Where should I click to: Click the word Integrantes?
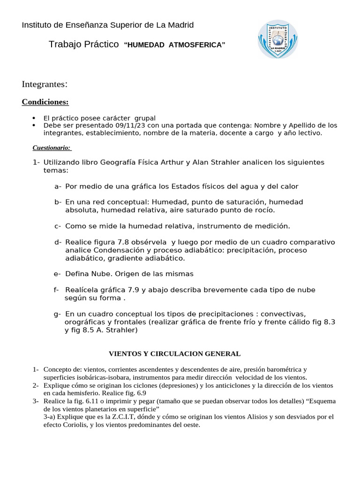point(45,84)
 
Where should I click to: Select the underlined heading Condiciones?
point(45,102)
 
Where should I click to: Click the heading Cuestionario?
point(52,148)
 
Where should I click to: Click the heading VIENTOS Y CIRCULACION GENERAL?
point(174,353)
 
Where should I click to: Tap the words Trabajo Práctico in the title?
point(84,45)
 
